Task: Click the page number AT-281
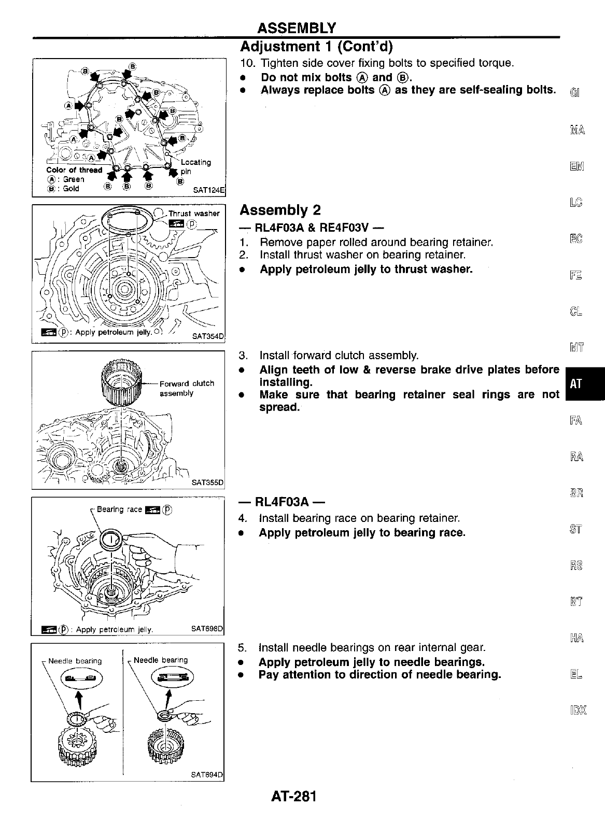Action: (293, 796)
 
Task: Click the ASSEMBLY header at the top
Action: (297, 27)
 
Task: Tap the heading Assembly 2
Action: (280, 210)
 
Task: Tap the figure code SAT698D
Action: (207, 630)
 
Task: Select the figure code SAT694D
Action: (207, 775)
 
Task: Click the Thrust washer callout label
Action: (194, 214)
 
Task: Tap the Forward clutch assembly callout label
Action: (187, 388)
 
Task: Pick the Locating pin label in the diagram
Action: (195, 166)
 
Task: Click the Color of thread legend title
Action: (75, 170)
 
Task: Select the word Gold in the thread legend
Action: (71, 189)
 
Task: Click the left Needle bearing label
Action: (75, 661)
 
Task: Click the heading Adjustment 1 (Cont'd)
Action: (317, 47)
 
